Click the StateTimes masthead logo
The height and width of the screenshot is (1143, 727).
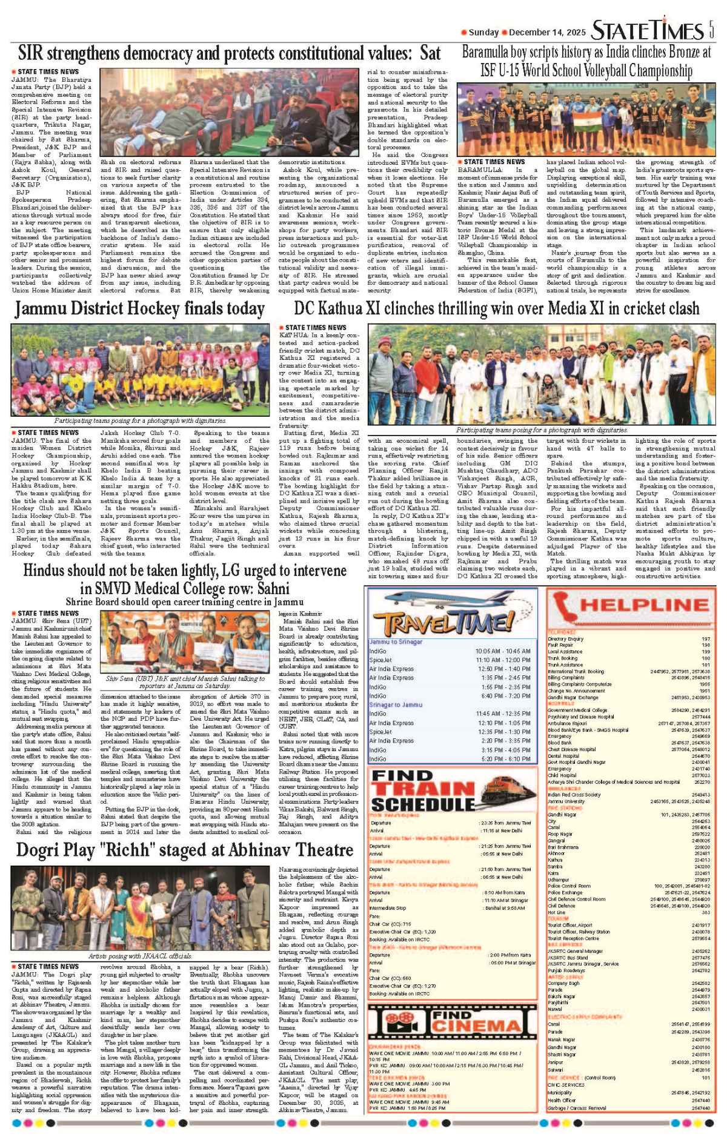click(x=647, y=30)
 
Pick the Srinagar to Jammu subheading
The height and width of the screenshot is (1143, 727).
click(x=396, y=705)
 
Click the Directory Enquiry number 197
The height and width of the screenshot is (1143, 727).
click(x=705, y=639)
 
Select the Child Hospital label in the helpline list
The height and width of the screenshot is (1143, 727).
click(x=562, y=775)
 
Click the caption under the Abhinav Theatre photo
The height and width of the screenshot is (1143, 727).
click(x=141, y=956)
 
